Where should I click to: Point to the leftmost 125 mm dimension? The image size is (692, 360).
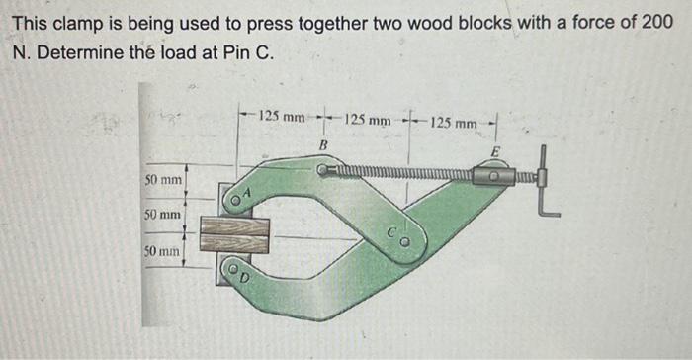pyautogui.click(x=282, y=118)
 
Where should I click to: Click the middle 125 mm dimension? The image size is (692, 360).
pyautogui.click(x=369, y=121)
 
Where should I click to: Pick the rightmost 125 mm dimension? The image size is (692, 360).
pyautogui.click(x=455, y=124)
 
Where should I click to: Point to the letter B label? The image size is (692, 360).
pyautogui.click(x=322, y=146)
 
